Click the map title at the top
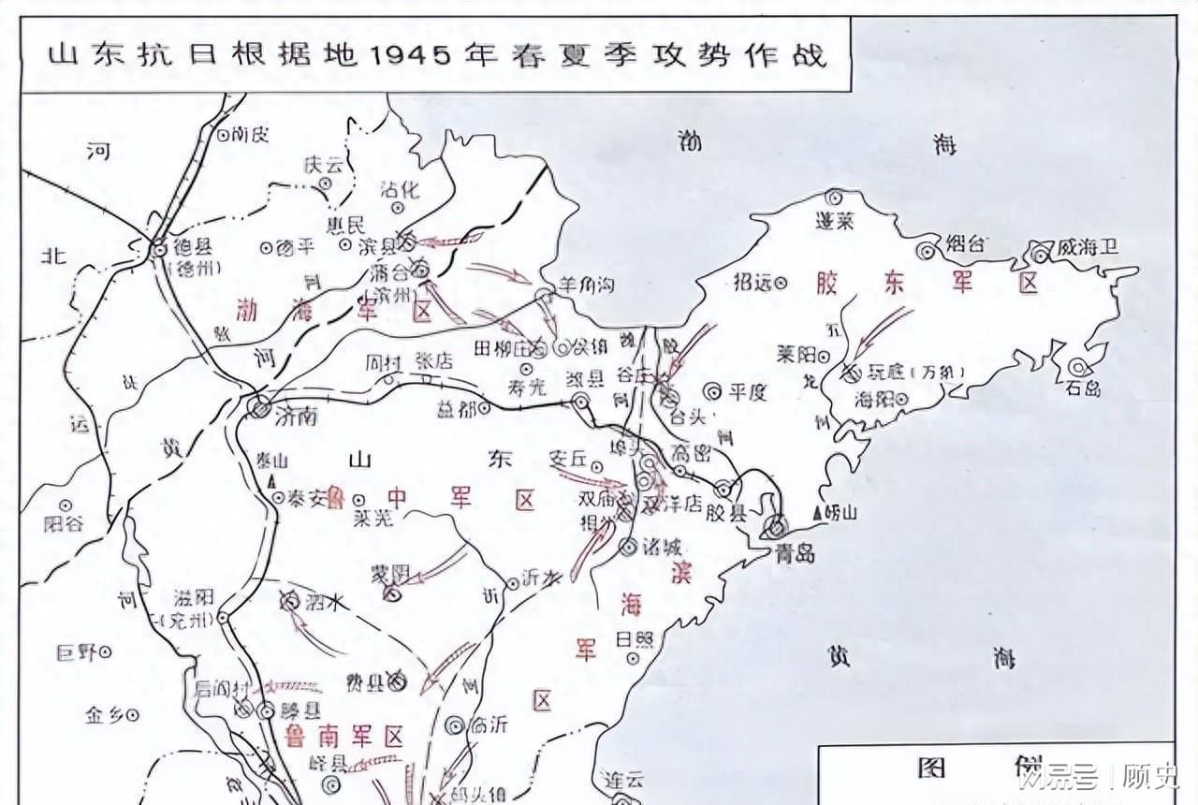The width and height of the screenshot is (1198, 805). pyautogui.click(x=438, y=53)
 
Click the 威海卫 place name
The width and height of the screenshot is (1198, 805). pyautogui.click(x=1087, y=248)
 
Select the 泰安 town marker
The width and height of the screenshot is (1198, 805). pyautogui.click(x=279, y=498)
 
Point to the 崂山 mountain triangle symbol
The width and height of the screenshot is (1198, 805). pyautogui.click(x=819, y=513)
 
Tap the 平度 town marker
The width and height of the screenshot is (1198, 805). pyautogui.click(x=712, y=391)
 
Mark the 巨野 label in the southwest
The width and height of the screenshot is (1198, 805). pyautogui.click(x=78, y=651)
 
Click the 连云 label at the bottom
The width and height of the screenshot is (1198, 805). pyautogui.click(x=625, y=781)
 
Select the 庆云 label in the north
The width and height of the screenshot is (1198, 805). pyautogui.click(x=324, y=163)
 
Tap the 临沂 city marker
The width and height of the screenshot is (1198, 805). pyautogui.click(x=456, y=724)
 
